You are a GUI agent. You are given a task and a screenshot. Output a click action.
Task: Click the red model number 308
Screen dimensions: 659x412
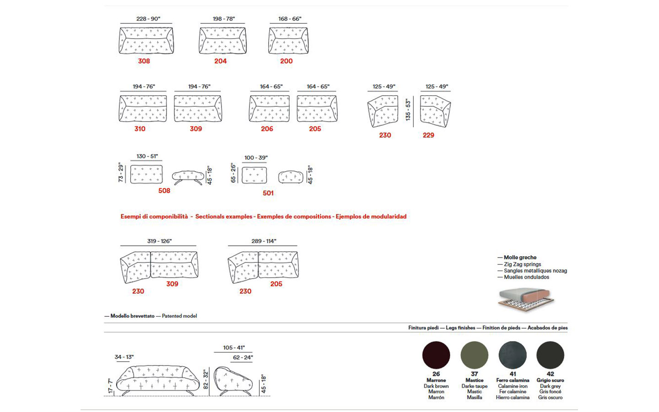pyautogui.click(x=144, y=61)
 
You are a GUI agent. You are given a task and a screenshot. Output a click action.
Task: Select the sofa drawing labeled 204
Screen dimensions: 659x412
pyautogui.click(x=223, y=41)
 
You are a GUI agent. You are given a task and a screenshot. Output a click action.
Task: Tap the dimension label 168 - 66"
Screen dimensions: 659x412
pyautogui.click(x=290, y=19)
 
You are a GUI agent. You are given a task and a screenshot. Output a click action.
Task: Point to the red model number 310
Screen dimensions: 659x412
pyautogui.click(x=140, y=129)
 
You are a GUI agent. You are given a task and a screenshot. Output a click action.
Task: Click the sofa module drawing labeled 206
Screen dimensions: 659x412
pyautogui.click(x=269, y=108)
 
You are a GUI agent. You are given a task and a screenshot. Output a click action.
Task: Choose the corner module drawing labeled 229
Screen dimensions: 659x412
pyautogui.click(x=435, y=111)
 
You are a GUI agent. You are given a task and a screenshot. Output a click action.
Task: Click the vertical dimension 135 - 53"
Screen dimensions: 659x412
pyautogui.click(x=408, y=110)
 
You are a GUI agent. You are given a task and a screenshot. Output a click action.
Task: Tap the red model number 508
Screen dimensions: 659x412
pyautogui.click(x=164, y=191)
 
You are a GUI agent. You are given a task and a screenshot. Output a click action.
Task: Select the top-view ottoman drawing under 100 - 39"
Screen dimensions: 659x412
pyautogui.click(x=254, y=175)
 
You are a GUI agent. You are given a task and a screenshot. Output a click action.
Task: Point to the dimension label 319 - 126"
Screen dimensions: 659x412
pyautogui.click(x=159, y=241)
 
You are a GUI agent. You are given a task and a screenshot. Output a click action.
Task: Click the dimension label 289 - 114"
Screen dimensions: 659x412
pyautogui.click(x=264, y=241)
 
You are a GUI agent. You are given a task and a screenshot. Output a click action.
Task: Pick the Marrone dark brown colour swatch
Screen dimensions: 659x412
pyautogui.click(x=436, y=355)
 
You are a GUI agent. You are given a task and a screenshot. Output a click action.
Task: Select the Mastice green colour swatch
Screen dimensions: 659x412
pyautogui.click(x=474, y=355)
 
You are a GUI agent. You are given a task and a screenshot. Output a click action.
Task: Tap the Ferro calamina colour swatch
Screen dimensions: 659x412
pyautogui.click(x=513, y=355)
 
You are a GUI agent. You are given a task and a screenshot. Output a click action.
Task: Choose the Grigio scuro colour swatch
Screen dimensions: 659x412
pyautogui.click(x=550, y=355)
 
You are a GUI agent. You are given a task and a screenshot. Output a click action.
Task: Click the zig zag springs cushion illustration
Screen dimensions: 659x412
pyautogui.click(x=526, y=299)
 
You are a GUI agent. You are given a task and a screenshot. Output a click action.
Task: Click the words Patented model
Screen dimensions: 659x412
pyautogui.click(x=179, y=316)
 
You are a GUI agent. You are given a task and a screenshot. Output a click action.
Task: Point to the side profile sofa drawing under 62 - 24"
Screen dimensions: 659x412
pyautogui.click(x=233, y=381)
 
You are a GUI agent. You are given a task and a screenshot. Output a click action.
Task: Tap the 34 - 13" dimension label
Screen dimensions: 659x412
pyautogui.click(x=124, y=357)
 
